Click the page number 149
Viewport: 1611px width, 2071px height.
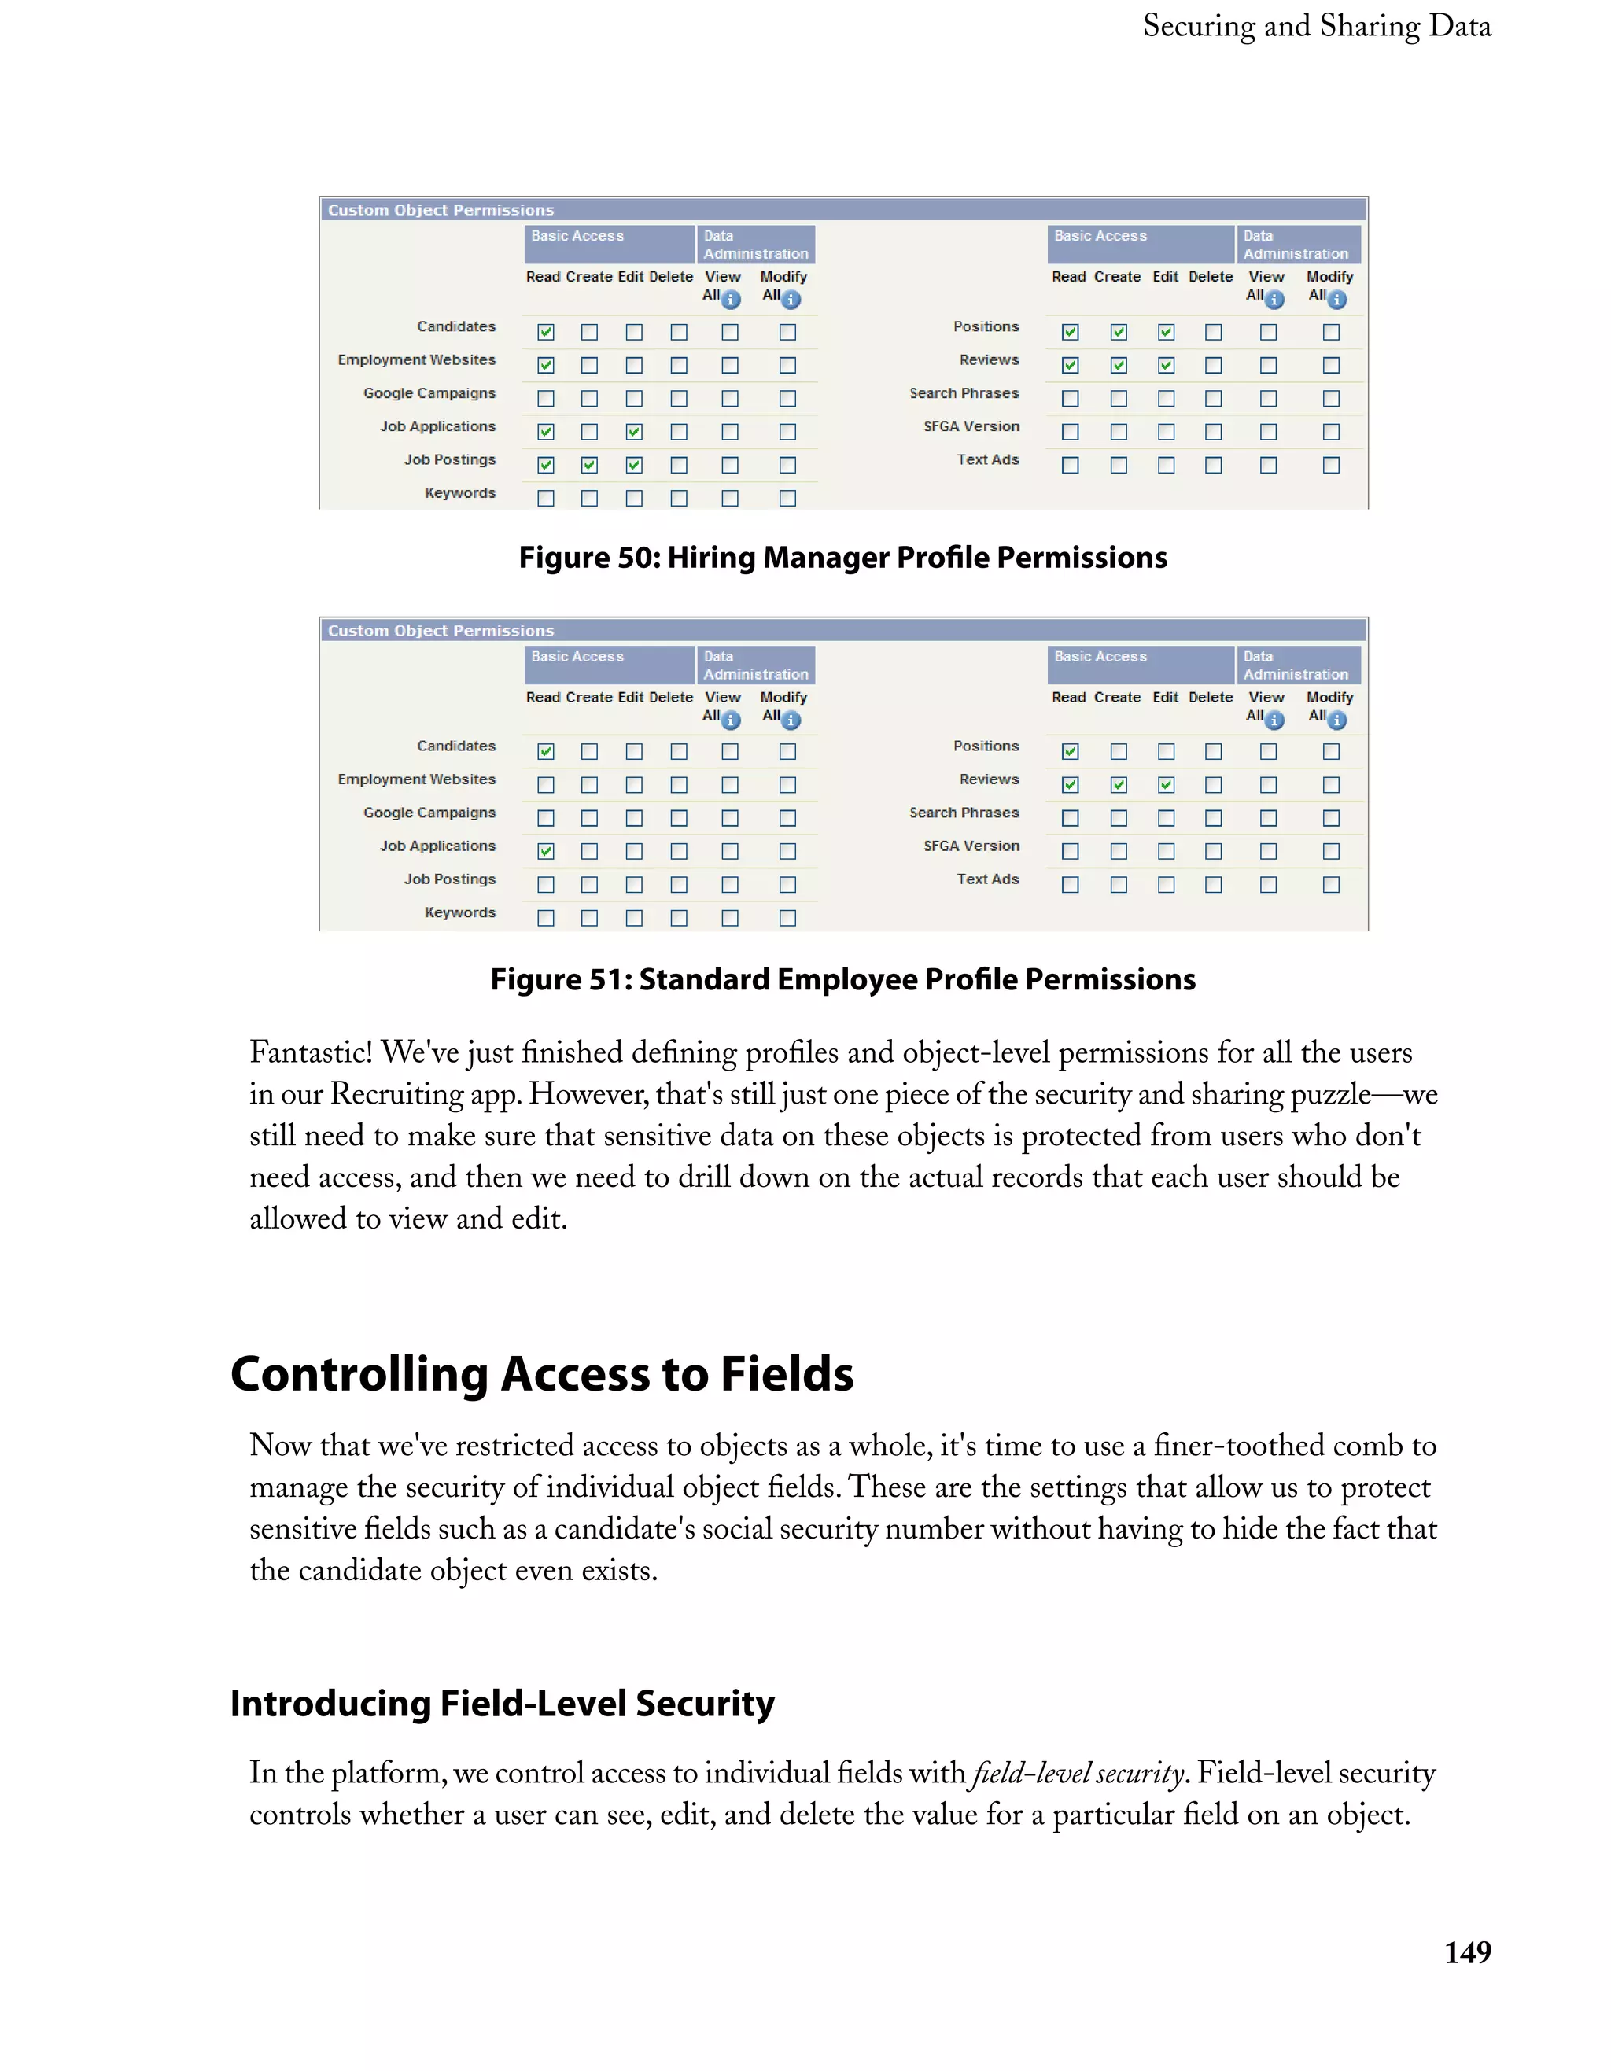point(1467,1951)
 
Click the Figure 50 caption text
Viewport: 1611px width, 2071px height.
point(842,558)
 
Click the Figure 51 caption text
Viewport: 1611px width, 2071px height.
point(842,978)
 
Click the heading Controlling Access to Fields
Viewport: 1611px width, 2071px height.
point(541,1374)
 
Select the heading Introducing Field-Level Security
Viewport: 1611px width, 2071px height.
point(502,1703)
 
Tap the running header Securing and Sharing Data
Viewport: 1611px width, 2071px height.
point(1316,26)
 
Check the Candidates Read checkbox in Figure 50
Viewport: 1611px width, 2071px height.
point(545,332)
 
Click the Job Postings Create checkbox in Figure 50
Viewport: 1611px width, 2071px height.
point(589,465)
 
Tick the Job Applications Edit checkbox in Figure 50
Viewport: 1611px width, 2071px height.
point(633,432)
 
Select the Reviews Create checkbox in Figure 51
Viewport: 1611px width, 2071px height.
point(1118,785)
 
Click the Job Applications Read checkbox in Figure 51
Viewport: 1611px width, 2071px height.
point(545,852)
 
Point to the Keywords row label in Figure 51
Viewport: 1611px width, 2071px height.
point(460,912)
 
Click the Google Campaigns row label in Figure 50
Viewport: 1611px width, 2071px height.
point(429,393)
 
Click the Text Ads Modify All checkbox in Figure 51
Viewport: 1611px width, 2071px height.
point(1330,885)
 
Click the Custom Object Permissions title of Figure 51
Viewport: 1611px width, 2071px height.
point(441,631)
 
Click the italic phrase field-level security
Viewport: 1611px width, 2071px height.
point(1077,1773)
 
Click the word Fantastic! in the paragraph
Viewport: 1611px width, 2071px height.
point(311,1052)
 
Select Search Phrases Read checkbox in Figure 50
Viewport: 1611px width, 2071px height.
point(1070,398)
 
